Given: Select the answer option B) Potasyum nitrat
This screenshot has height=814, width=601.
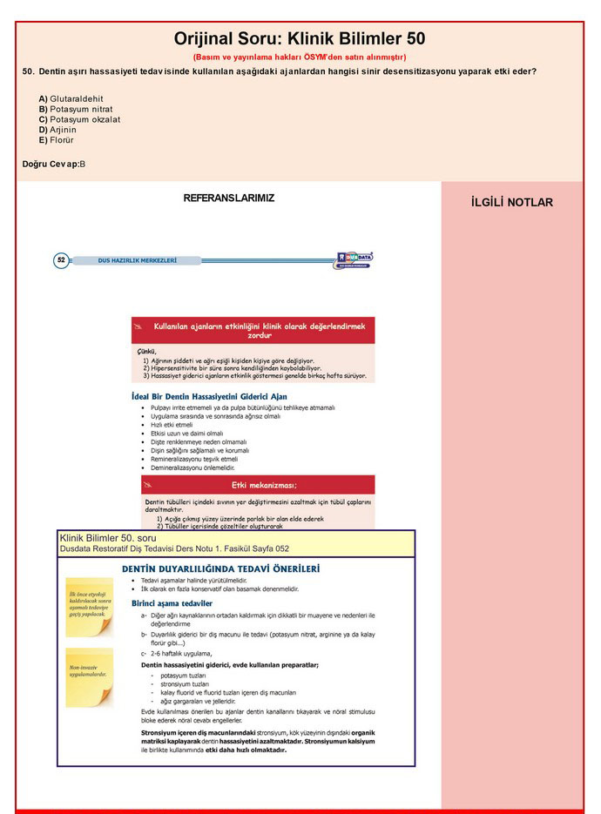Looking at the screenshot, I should click(76, 110).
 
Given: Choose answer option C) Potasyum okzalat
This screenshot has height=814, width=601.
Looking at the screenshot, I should click(79, 119).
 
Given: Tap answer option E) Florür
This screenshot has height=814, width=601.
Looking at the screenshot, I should click(57, 139).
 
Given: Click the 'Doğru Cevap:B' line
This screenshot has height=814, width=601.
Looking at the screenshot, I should click(54, 164).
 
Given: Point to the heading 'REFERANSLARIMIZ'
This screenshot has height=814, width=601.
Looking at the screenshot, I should click(228, 198).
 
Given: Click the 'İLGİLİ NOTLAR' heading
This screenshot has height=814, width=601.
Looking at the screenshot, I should click(511, 203).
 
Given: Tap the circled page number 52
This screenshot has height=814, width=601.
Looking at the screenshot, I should click(61, 259).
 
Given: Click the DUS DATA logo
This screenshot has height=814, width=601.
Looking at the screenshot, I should click(355, 259).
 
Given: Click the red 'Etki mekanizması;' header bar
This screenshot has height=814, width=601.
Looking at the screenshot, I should click(258, 485).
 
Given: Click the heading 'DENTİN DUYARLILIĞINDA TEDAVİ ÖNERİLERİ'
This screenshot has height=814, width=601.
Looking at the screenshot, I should click(220, 568).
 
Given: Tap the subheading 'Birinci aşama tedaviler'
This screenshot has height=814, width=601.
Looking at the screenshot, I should click(172, 602).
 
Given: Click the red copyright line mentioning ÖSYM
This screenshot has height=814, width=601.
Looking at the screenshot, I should click(299, 57).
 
